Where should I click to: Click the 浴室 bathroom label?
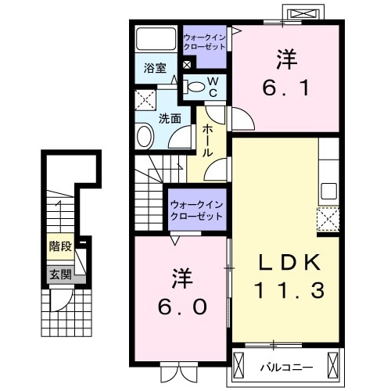click(x=154, y=68)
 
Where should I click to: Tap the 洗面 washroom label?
click(x=170, y=119)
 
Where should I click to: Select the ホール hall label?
click(x=208, y=142)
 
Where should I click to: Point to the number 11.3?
click(x=285, y=291)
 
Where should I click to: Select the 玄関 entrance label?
click(x=60, y=274)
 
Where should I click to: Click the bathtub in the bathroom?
click(x=156, y=39)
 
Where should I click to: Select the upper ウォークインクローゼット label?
click(x=204, y=41)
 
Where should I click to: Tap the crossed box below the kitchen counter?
click(x=328, y=218)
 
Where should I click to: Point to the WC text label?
click(x=211, y=86)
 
